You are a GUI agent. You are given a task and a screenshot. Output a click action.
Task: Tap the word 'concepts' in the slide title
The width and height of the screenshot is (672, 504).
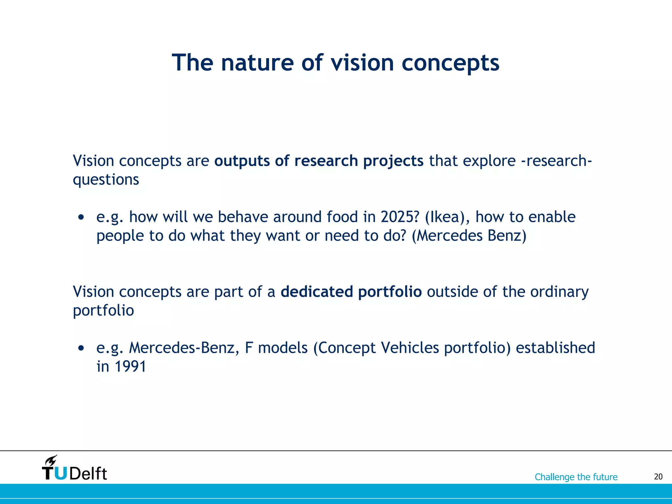[450, 63]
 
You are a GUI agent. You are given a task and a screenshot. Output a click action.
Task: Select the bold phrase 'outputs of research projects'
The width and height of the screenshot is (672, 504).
[319, 161]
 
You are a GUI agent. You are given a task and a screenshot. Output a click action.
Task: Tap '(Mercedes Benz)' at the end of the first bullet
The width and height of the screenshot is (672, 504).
[469, 236]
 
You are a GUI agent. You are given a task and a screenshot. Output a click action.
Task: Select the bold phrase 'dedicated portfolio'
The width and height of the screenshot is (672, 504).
[351, 292]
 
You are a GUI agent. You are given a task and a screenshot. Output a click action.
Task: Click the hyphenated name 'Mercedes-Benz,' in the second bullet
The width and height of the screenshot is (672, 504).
[184, 348]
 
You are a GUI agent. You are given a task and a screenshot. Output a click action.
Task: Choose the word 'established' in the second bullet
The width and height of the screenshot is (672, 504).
[555, 348]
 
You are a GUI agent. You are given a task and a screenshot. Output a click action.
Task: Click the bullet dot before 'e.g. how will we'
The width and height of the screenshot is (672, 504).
[81, 218]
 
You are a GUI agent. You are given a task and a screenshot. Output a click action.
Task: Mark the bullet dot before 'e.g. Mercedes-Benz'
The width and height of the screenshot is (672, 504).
[81, 348]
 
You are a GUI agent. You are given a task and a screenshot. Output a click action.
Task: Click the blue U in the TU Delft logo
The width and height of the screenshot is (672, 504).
[61, 473]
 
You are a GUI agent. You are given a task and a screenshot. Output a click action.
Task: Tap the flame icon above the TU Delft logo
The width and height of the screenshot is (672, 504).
[51, 460]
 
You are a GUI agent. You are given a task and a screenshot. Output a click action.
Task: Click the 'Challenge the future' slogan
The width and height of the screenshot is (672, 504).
[576, 477]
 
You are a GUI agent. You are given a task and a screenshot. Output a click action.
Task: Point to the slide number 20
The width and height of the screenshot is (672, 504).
[658, 477]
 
